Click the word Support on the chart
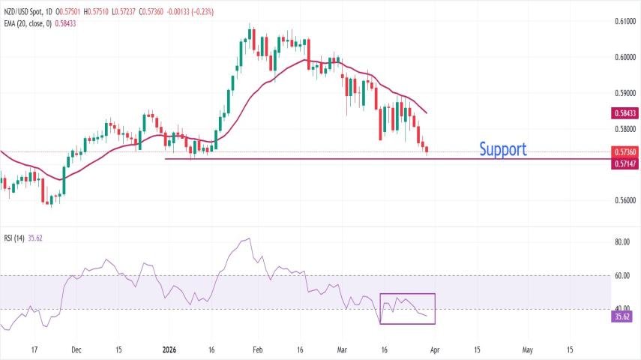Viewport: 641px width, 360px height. pos(502,149)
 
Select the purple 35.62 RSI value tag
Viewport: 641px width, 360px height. pos(622,316)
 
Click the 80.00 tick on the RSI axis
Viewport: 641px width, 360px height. pos(622,243)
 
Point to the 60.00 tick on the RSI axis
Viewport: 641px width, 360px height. pos(622,276)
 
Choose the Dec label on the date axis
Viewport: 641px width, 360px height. pos(75,349)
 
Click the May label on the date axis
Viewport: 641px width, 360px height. pos(528,349)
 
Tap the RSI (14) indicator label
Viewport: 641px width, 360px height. pos(14,238)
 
